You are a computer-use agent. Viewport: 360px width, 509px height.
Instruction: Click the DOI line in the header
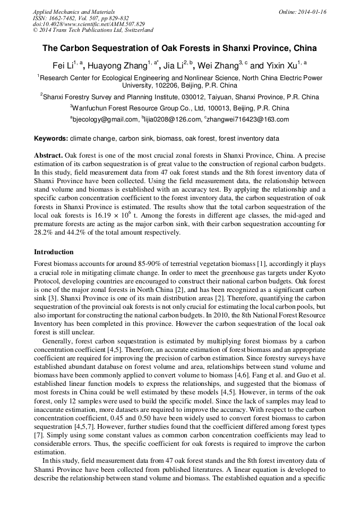pyautogui.click(x=89, y=24)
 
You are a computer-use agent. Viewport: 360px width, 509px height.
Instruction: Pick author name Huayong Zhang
pyautogui.click(x=117, y=66)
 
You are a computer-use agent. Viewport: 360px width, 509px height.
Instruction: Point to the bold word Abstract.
pyautogui.click(x=48, y=156)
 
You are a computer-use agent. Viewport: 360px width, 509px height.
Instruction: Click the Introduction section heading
pyautogui.click(x=54, y=252)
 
